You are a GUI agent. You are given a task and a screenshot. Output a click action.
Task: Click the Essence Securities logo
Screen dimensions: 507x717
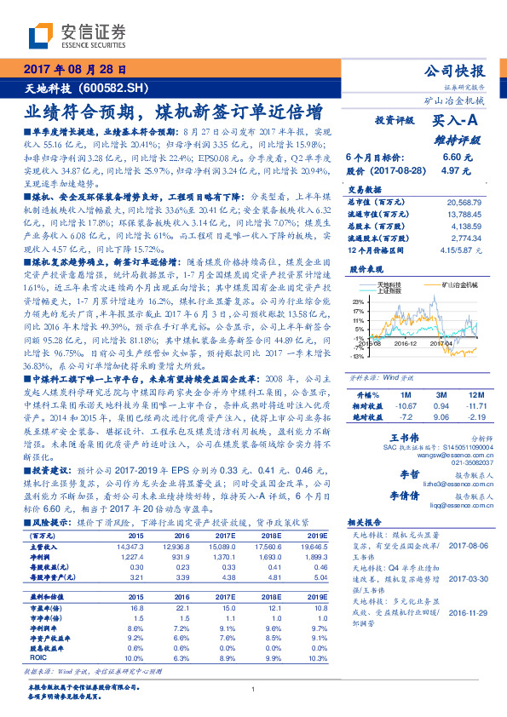pyautogui.click(x=78, y=37)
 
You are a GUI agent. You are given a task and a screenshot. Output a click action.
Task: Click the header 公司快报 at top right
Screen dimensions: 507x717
pyautogui.click(x=453, y=71)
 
